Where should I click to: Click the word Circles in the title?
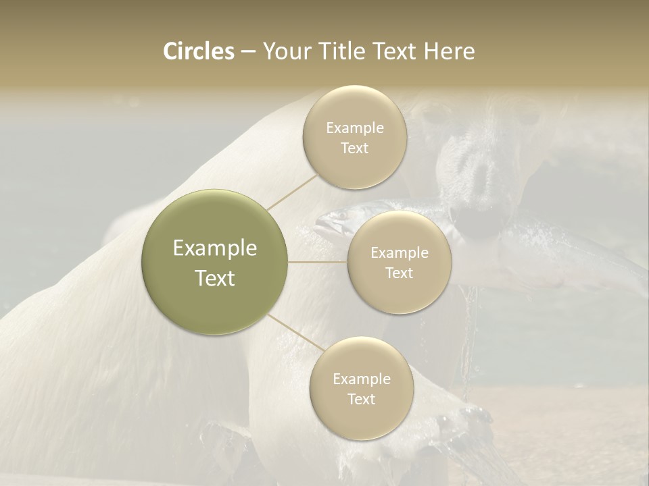pos(199,51)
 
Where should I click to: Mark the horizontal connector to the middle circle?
pos(318,262)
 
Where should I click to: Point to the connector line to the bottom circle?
pos(295,332)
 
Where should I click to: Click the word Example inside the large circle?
pos(215,248)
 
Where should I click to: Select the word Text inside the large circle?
pos(215,278)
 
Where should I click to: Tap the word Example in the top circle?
pos(355,128)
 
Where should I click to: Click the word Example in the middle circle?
pos(400,253)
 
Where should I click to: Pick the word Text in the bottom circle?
pos(361,400)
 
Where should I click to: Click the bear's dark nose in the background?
pos(481,177)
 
